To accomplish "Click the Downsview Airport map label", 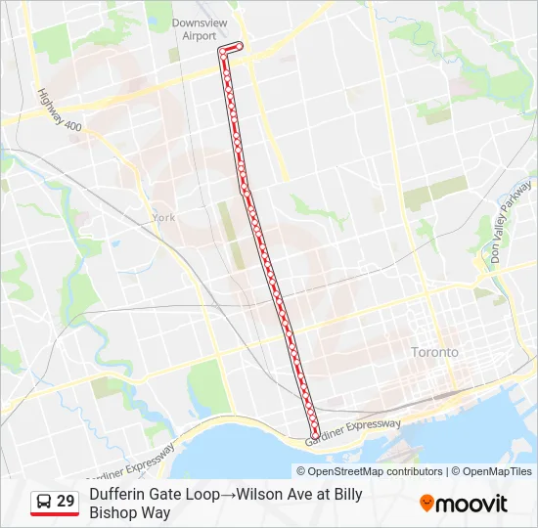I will point(193,29).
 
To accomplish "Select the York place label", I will point(162,218).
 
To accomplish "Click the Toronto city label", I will point(434,352).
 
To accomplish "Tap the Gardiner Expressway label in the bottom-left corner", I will point(137,463).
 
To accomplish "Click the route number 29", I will point(66,502).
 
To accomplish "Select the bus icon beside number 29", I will point(44,502).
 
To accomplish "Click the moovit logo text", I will point(472,504).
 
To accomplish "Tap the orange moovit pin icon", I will point(426,504).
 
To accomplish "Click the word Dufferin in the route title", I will point(116,495).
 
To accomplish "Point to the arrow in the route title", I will point(229,495).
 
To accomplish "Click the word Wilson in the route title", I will point(259,495).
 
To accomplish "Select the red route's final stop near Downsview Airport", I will point(239,45).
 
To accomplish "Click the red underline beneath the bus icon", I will point(55,514).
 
